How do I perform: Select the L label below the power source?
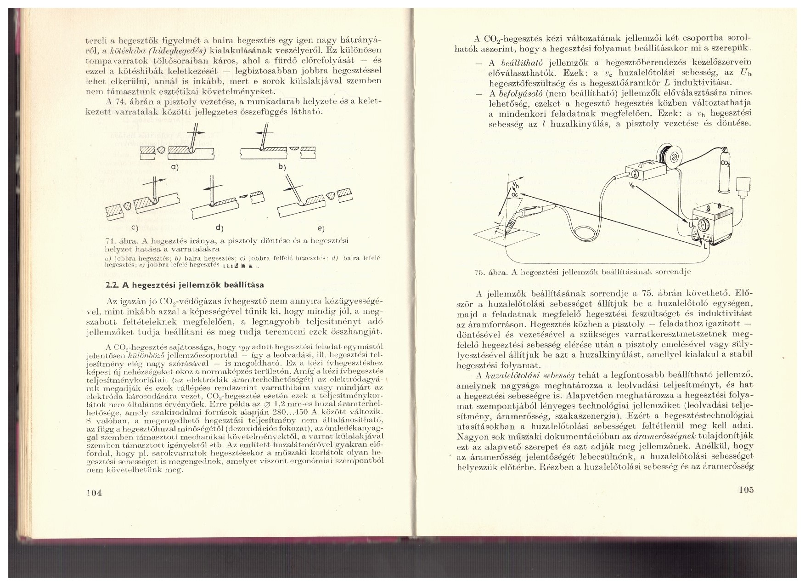pyautogui.click(x=704, y=246)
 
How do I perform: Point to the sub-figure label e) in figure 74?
pyautogui.click(x=320, y=228)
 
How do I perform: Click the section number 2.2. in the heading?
pyautogui.click(x=112, y=285)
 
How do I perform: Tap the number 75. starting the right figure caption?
pyautogui.click(x=480, y=272)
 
